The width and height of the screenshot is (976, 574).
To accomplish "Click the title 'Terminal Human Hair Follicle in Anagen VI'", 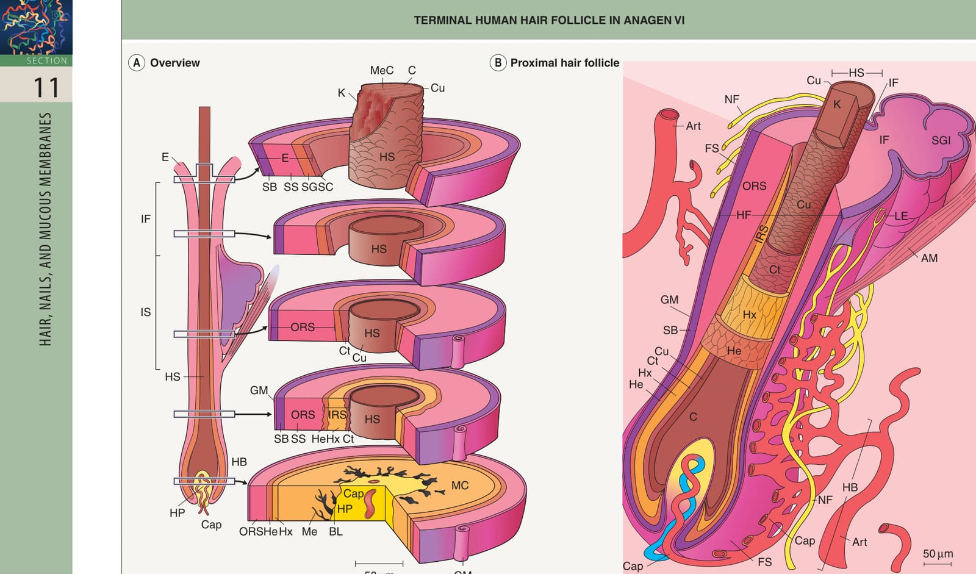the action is tap(549, 21).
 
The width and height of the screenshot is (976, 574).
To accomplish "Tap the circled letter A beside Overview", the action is tap(137, 63).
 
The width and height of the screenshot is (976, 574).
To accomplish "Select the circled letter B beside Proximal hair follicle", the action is tap(498, 63).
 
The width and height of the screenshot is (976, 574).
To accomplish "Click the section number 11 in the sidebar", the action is tap(46, 87).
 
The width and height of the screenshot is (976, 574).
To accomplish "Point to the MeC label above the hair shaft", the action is tap(382, 70).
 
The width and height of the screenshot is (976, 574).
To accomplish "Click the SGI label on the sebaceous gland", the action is tap(941, 140).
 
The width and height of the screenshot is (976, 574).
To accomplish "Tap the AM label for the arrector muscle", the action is tap(929, 258).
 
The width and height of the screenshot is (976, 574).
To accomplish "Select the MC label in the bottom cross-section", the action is tap(460, 486).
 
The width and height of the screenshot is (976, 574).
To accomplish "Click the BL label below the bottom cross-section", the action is tap(335, 532).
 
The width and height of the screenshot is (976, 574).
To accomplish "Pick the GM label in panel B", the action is tap(669, 300).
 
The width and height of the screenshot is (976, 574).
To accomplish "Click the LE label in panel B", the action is tap(901, 216).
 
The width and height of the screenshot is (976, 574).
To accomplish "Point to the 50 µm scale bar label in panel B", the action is tap(938, 553).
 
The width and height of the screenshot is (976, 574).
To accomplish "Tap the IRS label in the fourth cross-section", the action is tap(337, 414).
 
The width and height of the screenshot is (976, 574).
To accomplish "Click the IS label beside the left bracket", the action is tap(146, 312).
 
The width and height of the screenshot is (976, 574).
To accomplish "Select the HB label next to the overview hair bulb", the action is tap(239, 462).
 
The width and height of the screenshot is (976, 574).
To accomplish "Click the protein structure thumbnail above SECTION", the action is tap(36, 27).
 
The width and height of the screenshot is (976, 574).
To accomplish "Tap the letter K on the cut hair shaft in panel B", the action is tap(837, 104).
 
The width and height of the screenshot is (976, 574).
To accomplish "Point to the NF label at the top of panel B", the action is tap(731, 99).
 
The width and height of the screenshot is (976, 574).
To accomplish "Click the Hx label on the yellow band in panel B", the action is tap(750, 315).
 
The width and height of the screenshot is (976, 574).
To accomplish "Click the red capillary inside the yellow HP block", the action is tap(370, 504).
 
